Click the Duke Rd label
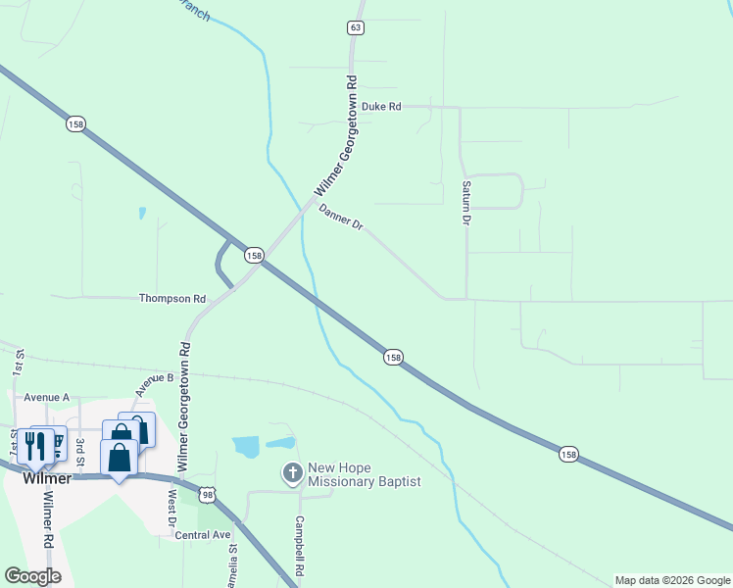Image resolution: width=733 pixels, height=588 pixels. [x=381, y=106]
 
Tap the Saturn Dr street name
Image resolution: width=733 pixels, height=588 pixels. [x=466, y=202]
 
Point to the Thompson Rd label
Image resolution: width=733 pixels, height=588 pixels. [x=172, y=298]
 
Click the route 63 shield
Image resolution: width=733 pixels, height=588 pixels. [x=355, y=27]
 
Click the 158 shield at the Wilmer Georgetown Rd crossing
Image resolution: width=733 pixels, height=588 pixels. [x=254, y=255]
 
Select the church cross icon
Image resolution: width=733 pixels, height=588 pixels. [x=291, y=474]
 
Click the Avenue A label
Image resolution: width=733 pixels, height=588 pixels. [x=47, y=397]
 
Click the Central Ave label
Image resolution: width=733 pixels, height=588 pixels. [x=202, y=535]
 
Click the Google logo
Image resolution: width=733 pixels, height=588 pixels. [x=32, y=576]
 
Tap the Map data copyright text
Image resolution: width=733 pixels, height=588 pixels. [x=671, y=580]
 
